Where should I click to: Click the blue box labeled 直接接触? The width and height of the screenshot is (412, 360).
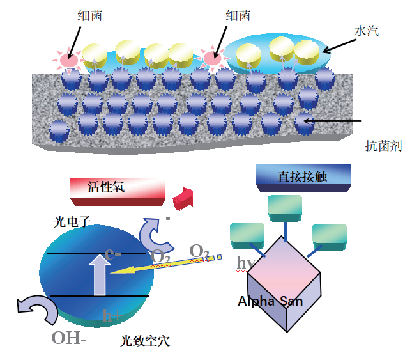pyautogui.click(x=303, y=176)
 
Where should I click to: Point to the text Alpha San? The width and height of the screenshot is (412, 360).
pyautogui.click(x=270, y=301)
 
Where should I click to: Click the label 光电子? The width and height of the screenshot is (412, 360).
pyautogui.click(x=73, y=222)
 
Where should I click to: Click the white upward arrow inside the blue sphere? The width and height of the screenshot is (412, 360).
pyautogui.click(x=100, y=274)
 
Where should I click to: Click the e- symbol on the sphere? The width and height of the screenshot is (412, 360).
pyautogui.click(x=113, y=253)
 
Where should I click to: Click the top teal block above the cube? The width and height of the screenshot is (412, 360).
pyautogui.click(x=285, y=208)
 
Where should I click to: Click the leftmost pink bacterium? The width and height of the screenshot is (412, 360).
pyautogui.click(x=68, y=60)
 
